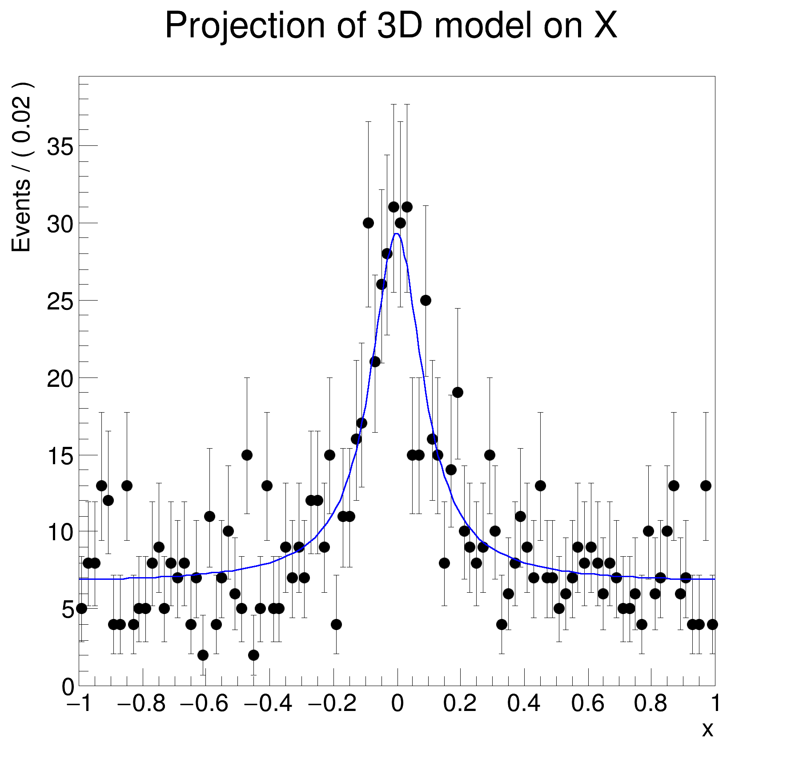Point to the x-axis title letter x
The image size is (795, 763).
[707, 729]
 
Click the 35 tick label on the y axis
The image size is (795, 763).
[60, 146]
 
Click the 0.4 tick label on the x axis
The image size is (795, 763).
[524, 704]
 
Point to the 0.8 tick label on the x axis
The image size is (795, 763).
[650, 704]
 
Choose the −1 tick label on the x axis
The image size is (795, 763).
[80, 704]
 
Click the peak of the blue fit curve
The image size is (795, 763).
[397, 233]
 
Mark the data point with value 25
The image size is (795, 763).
[426, 300]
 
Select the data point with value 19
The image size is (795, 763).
[458, 392]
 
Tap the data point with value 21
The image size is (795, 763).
[375, 361]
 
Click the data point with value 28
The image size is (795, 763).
[387, 253]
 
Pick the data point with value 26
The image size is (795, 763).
[381, 284]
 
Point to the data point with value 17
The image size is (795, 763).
[361, 423]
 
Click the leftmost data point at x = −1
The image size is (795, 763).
[81, 608]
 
